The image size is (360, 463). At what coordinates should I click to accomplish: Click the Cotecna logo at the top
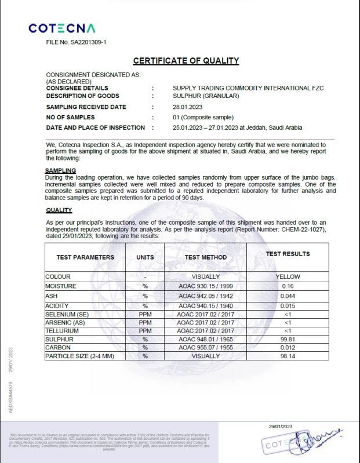(x=62, y=28)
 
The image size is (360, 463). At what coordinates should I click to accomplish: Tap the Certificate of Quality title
(x=186, y=61)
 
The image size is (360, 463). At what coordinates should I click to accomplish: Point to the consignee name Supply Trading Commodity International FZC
(x=248, y=88)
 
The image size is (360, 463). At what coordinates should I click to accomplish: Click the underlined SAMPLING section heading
(x=61, y=170)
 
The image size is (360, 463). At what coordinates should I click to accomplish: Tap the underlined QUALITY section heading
(x=59, y=210)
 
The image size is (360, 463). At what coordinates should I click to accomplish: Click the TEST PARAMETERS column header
(x=85, y=257)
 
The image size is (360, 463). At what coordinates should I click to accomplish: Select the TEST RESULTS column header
(x=288, y=254)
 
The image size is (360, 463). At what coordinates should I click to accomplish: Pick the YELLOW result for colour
(x=288, y=277)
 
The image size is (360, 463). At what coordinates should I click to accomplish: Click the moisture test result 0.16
(x=288, y=286)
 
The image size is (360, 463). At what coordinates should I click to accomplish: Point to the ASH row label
(x=52, y=296)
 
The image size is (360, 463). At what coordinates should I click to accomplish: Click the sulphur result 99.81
(x=288, y=339)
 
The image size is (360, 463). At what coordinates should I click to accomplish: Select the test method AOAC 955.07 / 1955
(x=205, y=348)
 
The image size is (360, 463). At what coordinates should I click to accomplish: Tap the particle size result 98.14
(x=288, y=356)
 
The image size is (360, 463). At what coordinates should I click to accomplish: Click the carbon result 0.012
(x=288, y=348)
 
